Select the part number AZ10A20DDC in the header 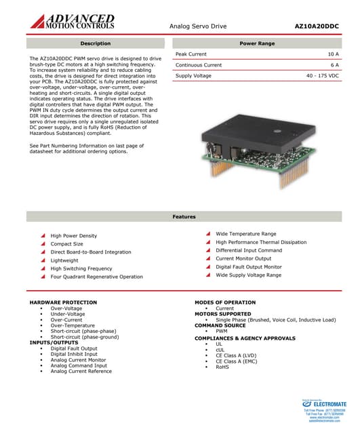(316, 26)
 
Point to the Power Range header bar (257, 43)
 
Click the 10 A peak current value (333, 54)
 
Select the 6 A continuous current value (334, 64)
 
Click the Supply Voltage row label (194, 76)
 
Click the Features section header (184, 216)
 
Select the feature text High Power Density (73, 236)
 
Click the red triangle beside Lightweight (43, 260)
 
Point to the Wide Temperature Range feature (245, 234)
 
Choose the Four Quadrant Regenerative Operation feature (96, 277)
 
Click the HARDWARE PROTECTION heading (63, 302)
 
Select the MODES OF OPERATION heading (225, 302)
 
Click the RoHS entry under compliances (222, 367)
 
